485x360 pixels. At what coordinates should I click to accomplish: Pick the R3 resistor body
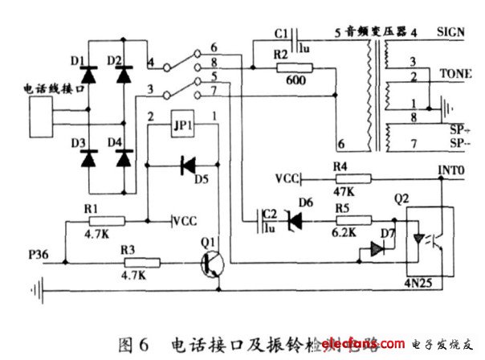(x=142, y=262)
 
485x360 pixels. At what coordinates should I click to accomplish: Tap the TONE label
(x=451, y=72)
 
